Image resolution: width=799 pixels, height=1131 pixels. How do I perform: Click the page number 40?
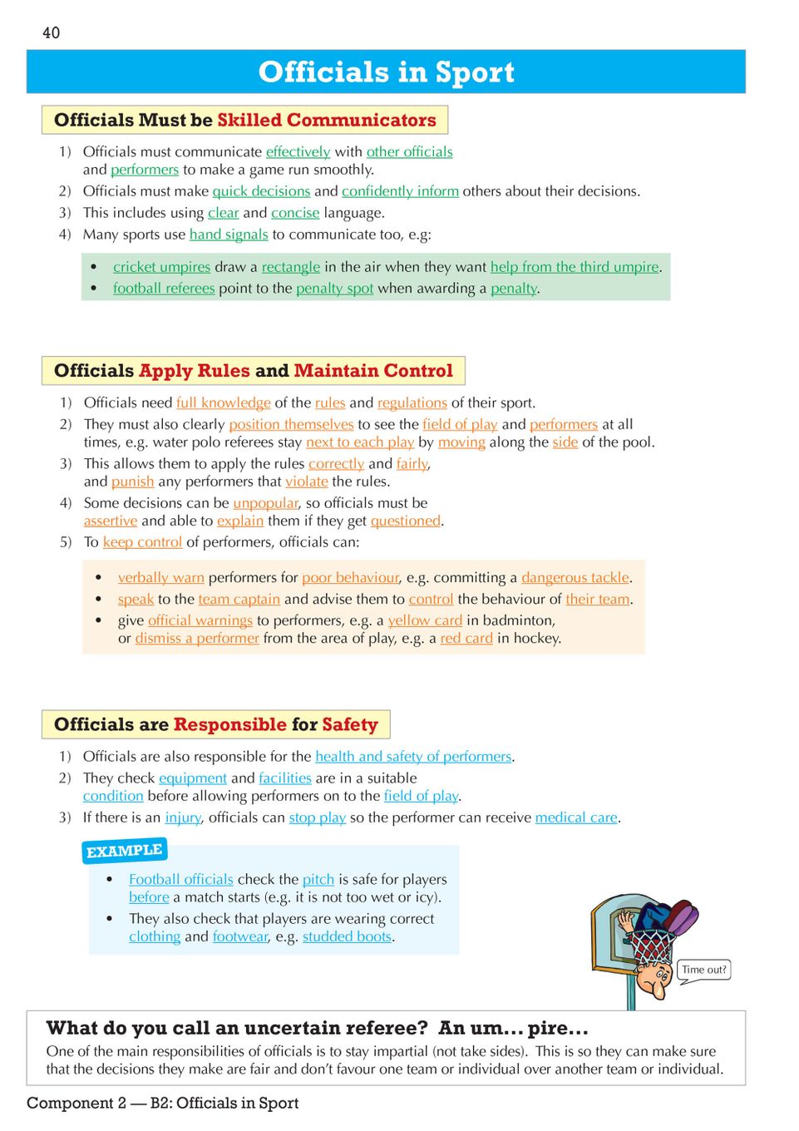(51, 32)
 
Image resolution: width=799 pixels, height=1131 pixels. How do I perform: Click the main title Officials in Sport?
(386, 72)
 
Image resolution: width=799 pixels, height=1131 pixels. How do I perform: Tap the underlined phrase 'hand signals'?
(229, 235)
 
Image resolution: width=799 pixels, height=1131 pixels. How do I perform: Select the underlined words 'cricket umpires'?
(161, 267)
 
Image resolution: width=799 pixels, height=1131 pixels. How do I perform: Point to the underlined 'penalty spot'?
(334, 289)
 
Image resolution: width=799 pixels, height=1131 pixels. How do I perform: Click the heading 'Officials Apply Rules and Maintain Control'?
(253, 371)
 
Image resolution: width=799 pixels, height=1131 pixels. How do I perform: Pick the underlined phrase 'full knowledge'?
(223, 403)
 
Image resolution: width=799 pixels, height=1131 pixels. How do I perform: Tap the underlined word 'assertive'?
(110, 521)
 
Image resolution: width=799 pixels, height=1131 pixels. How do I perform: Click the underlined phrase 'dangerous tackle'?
(575, 577)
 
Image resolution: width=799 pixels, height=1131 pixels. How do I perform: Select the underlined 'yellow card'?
(425, 620)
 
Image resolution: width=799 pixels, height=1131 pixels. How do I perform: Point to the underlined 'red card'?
(466, 639)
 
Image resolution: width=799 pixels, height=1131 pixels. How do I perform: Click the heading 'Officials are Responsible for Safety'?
(215, 724)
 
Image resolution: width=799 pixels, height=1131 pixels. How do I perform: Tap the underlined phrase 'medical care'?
(575, 817)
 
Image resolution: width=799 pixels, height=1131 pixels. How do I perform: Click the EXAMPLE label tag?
(125, 851)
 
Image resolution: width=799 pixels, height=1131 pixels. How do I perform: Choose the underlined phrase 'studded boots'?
(347, 936)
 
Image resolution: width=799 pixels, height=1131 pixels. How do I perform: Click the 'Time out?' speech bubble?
(704, 970)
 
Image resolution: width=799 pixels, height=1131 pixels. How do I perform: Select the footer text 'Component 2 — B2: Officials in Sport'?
(162, 1103)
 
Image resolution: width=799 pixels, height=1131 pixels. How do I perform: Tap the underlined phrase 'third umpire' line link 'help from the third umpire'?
(575, 267)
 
